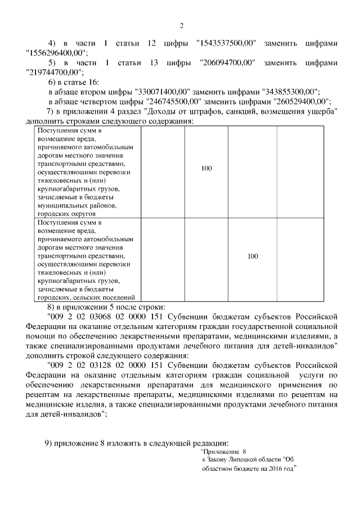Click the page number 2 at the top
point(181,25)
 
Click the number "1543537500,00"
point(226,43)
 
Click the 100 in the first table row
point(206,168)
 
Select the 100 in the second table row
point(253,256)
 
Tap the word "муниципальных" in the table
point(61,206)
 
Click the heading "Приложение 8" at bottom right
point(224,451)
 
